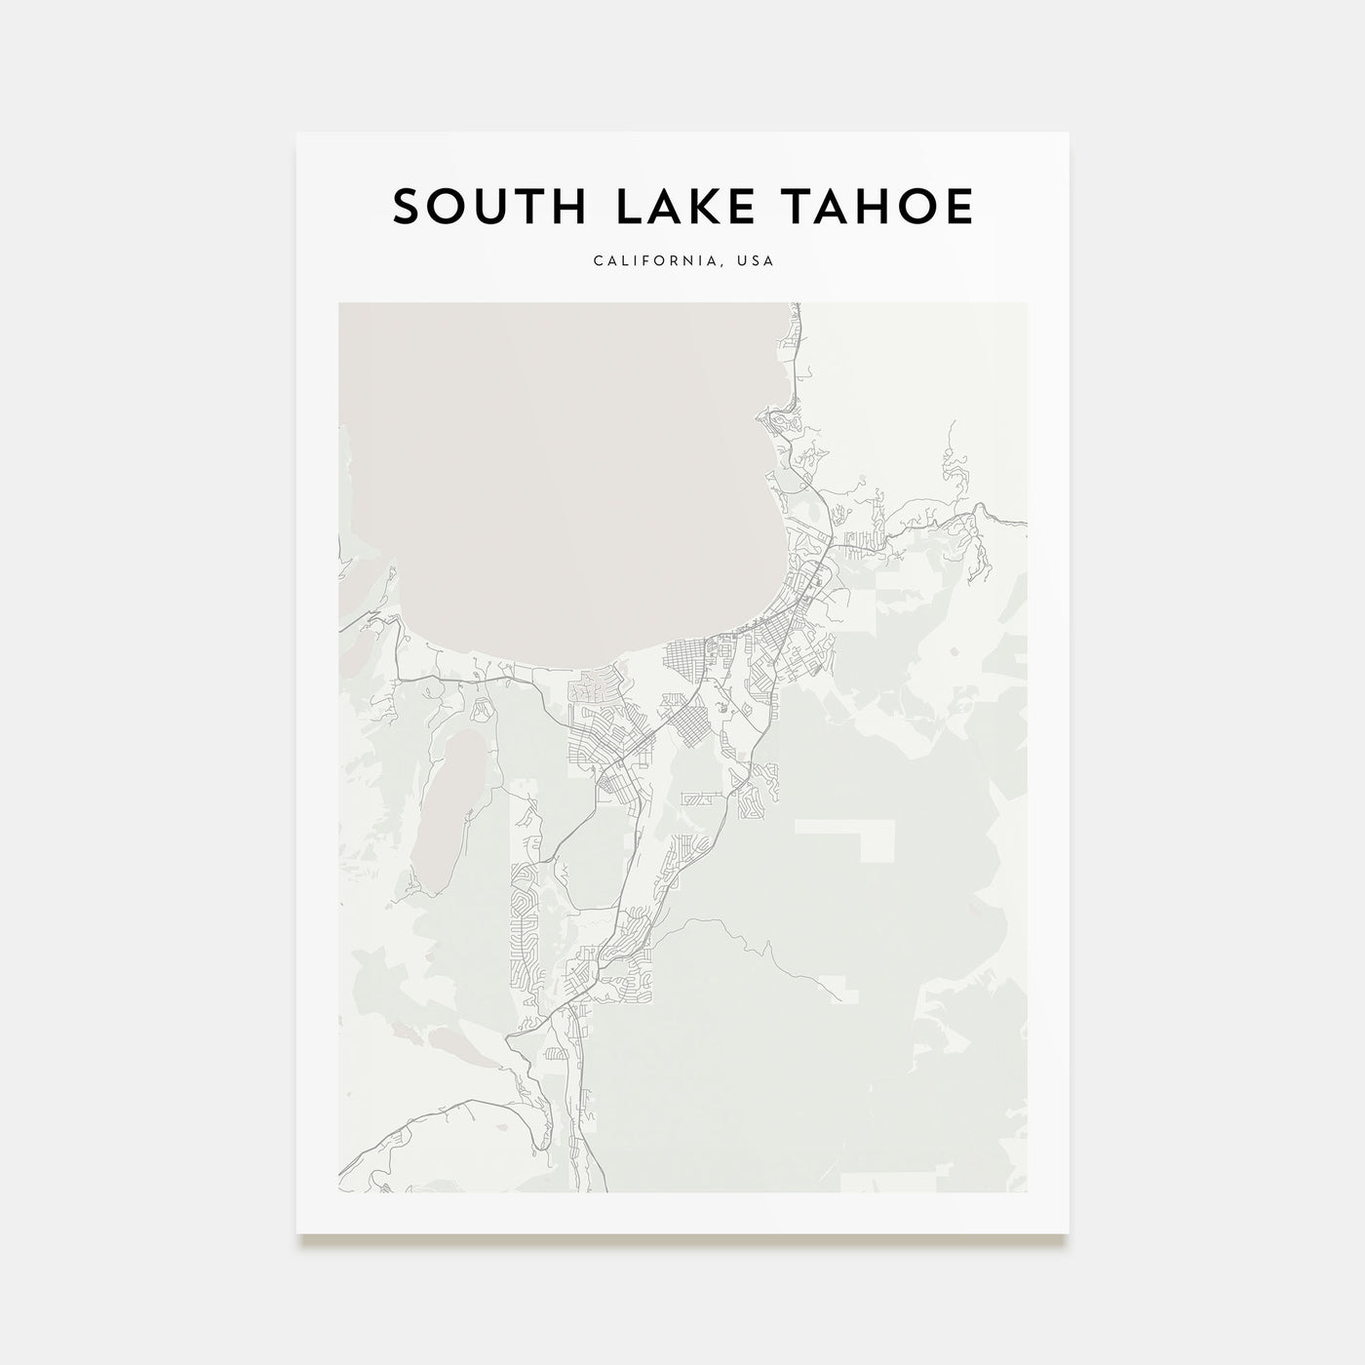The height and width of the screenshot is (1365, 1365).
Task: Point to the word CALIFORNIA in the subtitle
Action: [662, 261]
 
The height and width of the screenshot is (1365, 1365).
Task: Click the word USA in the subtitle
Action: [757, 261]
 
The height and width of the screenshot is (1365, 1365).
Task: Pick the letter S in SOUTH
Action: [407, 207]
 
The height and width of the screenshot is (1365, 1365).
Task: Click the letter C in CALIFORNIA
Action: [595, 261]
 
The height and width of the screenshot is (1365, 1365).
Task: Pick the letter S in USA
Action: [757, 261]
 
